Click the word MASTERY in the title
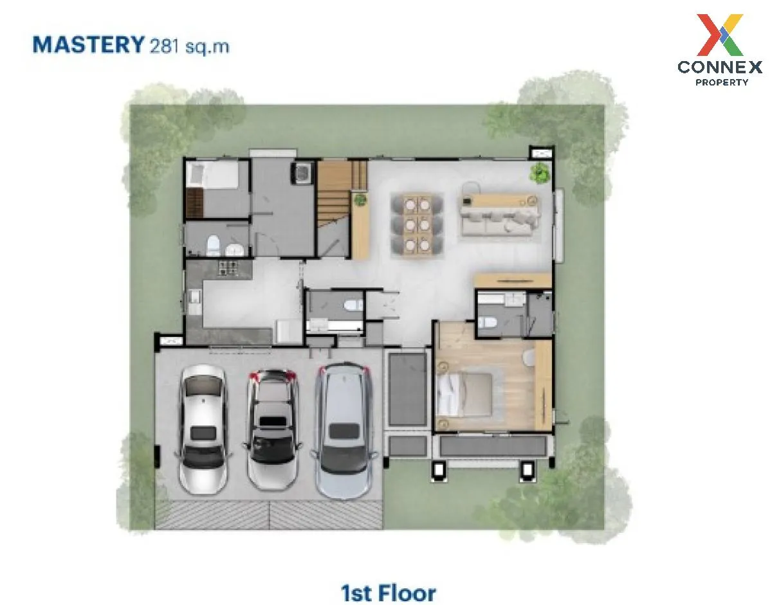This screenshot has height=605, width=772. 89,45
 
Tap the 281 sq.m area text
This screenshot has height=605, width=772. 189,46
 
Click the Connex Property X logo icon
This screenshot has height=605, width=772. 719,35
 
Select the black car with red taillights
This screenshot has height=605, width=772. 273,429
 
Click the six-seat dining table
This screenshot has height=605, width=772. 417,224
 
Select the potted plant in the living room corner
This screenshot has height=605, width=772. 540,173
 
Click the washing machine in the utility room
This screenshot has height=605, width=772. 303,172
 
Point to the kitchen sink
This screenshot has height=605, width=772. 194,302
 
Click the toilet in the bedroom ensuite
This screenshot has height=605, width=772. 487,322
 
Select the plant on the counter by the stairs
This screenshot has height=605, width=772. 360,199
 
